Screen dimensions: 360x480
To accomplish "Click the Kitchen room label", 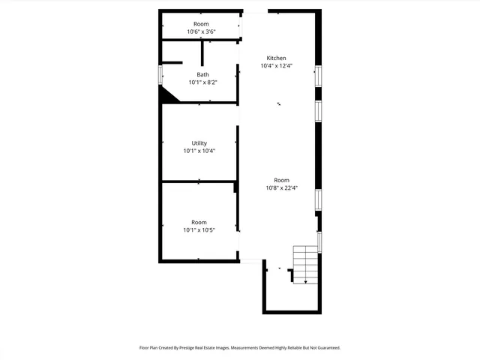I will (276, 58).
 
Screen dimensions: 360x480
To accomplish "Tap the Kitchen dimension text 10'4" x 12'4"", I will (276, 66).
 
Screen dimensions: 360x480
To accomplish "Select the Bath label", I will (203, 74).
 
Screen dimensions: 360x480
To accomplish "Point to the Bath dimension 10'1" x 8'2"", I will (203, 82).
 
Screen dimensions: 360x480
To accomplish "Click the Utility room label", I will (199, 143).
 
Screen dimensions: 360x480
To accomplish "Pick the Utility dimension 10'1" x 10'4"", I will (199, 151).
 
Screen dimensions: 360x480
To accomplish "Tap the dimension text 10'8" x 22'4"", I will (281, 188).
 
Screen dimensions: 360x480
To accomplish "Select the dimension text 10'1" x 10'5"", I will (199, 230).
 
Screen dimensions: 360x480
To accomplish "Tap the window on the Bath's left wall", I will (160, 75).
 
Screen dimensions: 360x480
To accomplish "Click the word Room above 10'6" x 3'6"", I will (201, 23).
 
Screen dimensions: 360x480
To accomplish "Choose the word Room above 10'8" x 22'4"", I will (281, 180).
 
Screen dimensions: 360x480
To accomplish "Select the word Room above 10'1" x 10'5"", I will (199, 222).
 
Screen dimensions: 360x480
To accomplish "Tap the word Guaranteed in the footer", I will (325, 348).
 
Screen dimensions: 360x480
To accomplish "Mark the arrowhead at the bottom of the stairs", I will (305, 281).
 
